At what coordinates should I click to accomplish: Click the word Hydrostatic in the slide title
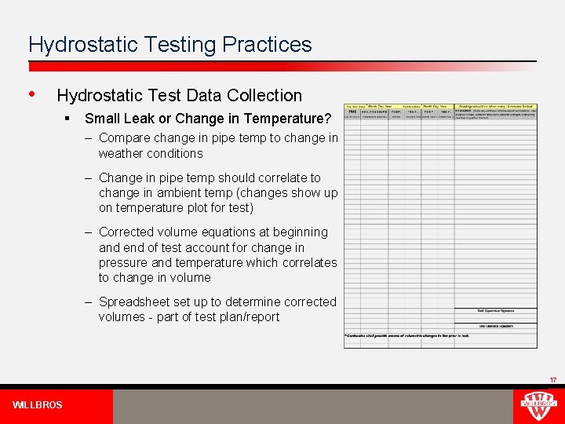76,45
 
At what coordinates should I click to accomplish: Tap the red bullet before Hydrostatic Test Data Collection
31,93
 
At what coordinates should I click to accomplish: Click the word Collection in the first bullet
264,96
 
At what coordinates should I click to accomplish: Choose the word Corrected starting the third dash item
129,232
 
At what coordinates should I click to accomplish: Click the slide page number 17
552,380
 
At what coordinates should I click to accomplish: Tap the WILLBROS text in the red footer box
38,405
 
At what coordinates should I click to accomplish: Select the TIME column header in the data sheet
352,111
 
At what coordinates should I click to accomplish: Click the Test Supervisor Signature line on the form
496,311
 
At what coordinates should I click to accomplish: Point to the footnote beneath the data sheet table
406,336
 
